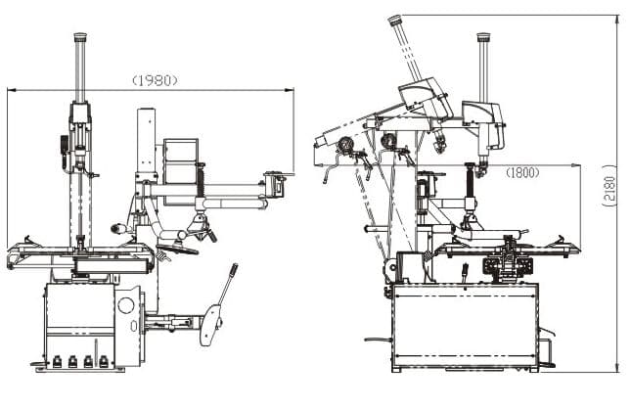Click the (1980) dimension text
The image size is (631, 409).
[x=155, y=80]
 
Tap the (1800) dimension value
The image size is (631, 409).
[x=522, y=173]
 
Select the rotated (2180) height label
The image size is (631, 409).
[x=609, y=185]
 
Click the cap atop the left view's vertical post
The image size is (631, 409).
[x=80, y=37]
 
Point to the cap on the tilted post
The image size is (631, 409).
[x=395, y=20]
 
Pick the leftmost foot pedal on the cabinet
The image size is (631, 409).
[x=57, y=361]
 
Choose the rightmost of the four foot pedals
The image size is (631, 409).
[x=104, y=361]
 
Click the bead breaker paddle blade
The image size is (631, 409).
[x=210, y=325]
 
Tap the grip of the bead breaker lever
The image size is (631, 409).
[x=234, y=270]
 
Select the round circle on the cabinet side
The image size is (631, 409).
[x=126, y=304]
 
